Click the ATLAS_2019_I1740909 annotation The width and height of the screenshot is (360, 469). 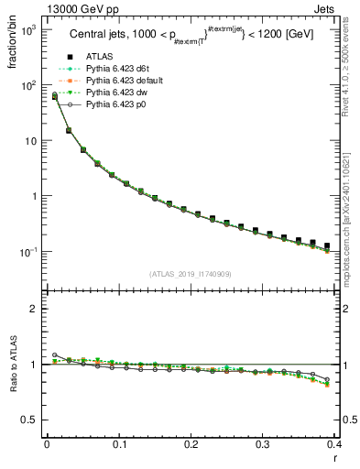tap(191, 273)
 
